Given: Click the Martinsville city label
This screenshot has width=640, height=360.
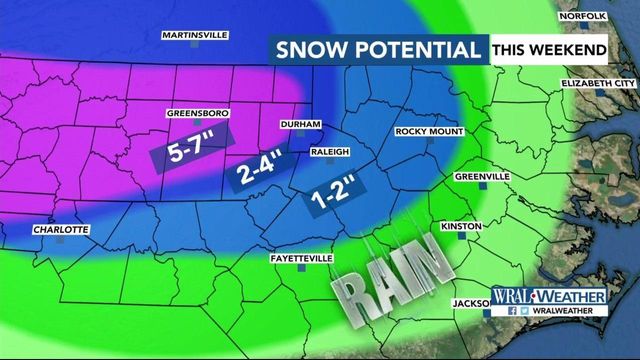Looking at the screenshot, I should tap(195, 35).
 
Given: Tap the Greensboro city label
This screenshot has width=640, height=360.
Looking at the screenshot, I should tap(197, 114).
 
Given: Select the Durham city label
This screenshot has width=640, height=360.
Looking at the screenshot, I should tap(300, 124).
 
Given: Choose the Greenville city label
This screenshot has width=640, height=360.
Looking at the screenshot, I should tap(482, 176).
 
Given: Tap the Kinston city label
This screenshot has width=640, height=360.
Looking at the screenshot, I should tap(461, 227).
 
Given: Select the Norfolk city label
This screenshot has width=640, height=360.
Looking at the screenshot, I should tap(584, 17).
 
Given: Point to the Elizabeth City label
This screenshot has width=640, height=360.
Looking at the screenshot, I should tap(598, 82).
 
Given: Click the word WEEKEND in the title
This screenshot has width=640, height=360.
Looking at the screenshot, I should tap(573, 49).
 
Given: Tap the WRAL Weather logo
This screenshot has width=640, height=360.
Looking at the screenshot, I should tap(549, 298).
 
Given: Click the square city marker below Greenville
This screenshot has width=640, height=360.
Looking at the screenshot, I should tap(482, 186).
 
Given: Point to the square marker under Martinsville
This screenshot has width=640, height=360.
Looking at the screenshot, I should tap(196, 45).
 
